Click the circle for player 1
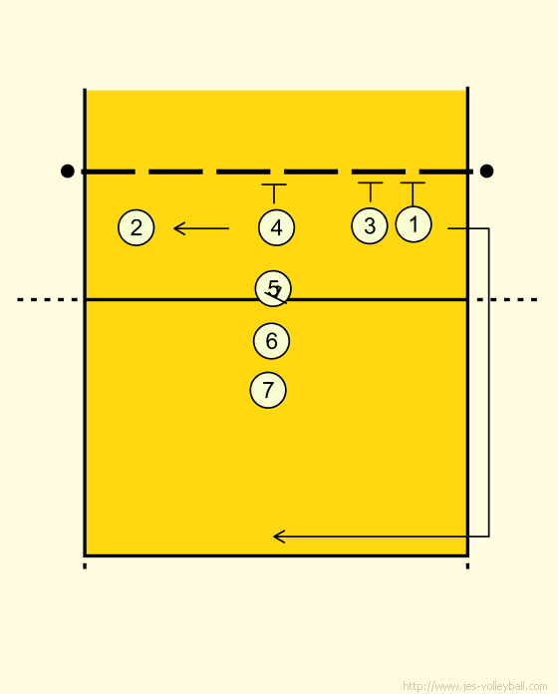pos(414,224)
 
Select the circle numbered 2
pos(137,227)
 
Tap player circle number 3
pos(370,225)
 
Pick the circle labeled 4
pos(276,227)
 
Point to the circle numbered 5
pos(273,288)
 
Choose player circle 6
pos(271,341)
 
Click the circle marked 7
pos(268,390)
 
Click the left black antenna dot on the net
pos(67,171)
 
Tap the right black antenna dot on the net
pos(486,171)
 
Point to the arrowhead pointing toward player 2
pos(179,228)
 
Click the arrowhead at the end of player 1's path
pos(279,536)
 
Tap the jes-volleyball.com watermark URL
pos(475,686)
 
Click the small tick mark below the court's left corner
pos(85,565)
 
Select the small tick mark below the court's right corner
pos(467,565)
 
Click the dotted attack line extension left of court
pos(48,300)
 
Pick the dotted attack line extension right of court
pos(507,300)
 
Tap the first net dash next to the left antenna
pos(109,172)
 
